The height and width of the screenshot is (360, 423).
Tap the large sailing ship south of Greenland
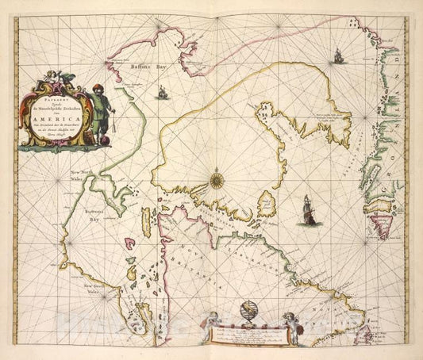(306, 209)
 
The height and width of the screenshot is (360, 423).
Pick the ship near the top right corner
(338, 56)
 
